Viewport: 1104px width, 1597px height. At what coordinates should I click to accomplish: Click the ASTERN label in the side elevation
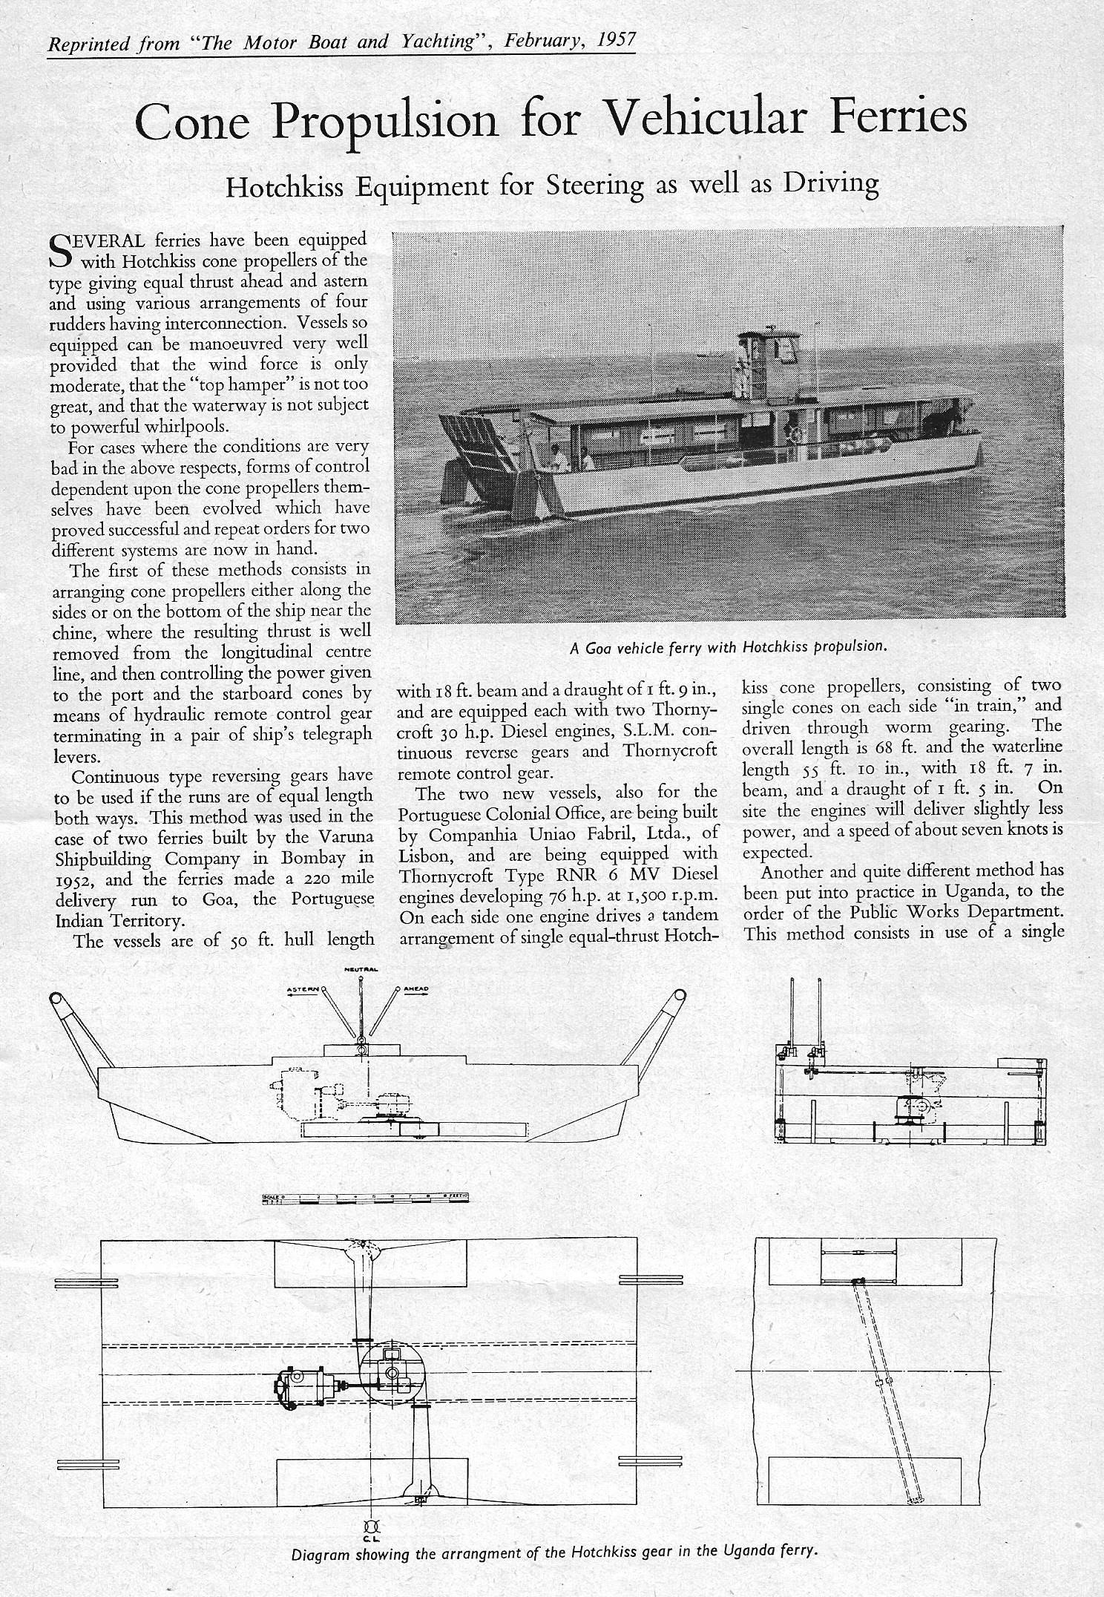tap(303, 989)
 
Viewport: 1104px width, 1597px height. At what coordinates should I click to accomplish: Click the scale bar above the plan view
tap(367, 1197)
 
